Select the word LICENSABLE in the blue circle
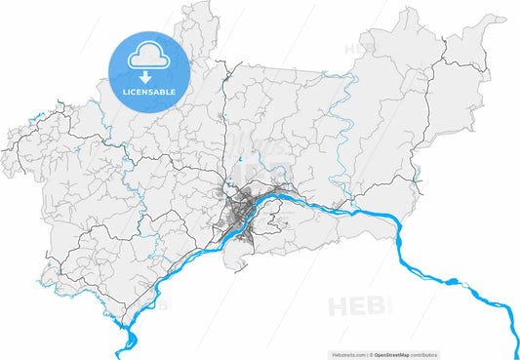tap(148, 92)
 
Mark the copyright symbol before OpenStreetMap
tap(372, 355)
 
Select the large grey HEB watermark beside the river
tap(357, 307)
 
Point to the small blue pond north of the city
tap(237, 158)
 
